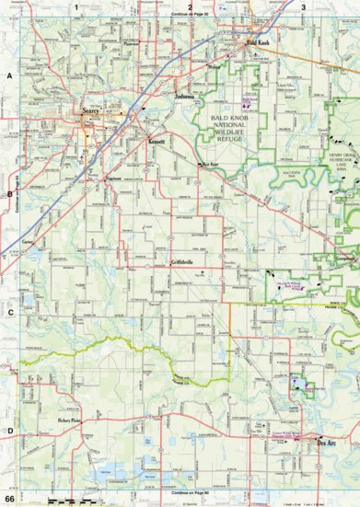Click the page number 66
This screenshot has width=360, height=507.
tap(9, 499)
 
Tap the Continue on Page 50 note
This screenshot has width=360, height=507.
tap(190, 17)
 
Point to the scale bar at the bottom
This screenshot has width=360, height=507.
tap(63, 499)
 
